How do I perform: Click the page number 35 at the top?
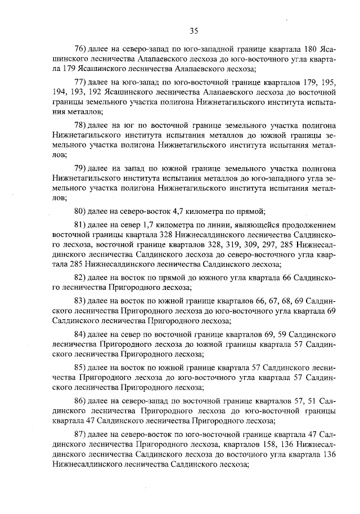click(194, 30)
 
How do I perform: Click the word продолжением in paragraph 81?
click(307, 225)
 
